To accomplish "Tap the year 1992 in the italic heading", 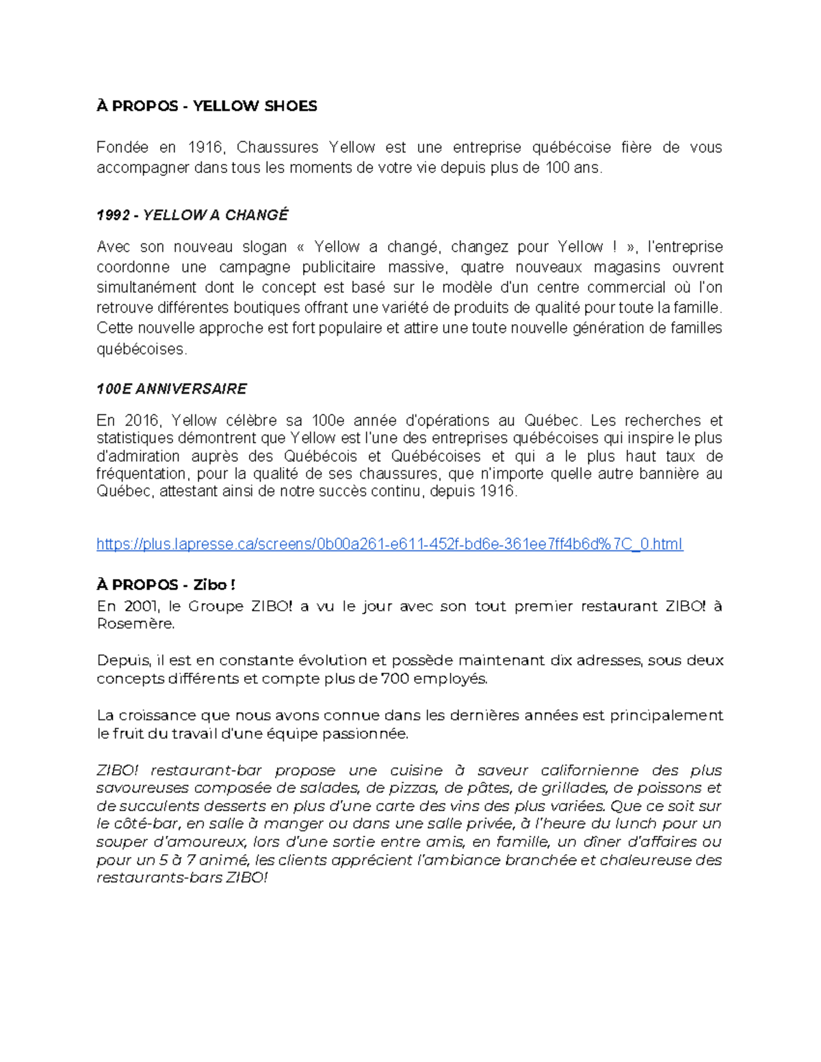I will [x=113, y=215].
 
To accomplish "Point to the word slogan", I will [x=263, y=247].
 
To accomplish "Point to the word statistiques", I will [x=137, y=438].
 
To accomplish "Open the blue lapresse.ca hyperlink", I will [x=389, y=544].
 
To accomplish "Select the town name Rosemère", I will [x=135, y=624].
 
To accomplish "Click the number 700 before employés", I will [x=395, y=679].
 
